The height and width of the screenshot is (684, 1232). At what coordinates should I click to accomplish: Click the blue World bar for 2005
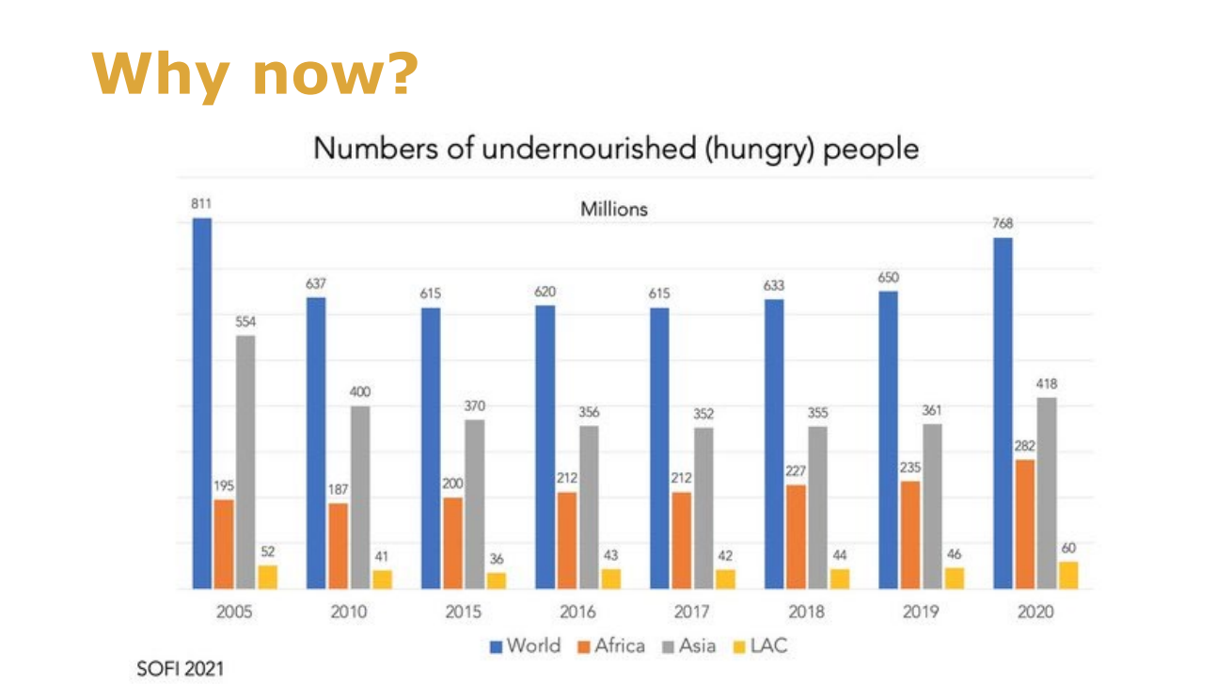coord(202,404)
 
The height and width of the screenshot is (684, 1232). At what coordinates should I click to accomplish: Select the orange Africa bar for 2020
coord(1025,524)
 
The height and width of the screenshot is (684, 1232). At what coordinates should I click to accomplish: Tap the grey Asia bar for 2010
coord(359,497)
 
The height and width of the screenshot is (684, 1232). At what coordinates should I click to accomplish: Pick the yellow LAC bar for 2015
coord(497,581)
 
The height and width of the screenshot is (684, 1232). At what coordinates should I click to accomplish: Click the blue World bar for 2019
coord(888,440)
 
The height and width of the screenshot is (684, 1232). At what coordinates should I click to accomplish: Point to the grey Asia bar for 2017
coord(703,508)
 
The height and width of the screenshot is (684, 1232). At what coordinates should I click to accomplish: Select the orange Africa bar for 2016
coord(566,540)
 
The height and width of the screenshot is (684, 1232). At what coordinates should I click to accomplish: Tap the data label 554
coord(245,322)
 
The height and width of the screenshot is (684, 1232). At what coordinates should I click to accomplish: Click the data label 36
coord(497,559)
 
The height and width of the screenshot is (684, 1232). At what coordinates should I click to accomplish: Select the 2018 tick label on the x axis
coord(806,612)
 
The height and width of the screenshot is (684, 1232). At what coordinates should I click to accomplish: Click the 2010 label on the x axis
coord(348,612)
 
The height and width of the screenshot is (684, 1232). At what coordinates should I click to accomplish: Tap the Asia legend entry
coord(690,645)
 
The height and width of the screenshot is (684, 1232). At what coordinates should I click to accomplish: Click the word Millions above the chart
coord(614,209)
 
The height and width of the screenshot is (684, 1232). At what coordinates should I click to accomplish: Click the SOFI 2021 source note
coord(181,669)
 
